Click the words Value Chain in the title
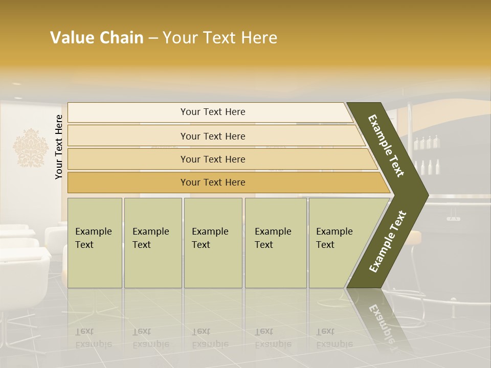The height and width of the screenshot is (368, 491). pyautogui.click(x=97, y=38)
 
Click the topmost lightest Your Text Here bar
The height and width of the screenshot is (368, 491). pyautogui.click(x=212, y=112)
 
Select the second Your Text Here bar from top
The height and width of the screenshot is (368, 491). pyautogui.click(x=212, y=136)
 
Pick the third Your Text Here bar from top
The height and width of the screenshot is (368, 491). pyautogui.click(x=212, y=159)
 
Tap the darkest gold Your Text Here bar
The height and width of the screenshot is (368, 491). pyautogui.click(x=212, y=182)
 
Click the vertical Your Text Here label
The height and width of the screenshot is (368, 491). pyautogui.click(x=59, y=147)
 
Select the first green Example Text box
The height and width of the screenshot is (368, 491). pyautogui.click(x=95, y=243)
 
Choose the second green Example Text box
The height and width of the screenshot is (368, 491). pyautogui.click(x=152, y=243)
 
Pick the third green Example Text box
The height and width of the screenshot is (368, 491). pyautogui.click(x=212, y=243)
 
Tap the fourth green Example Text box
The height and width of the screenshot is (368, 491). pyautogui.click(x=275, y=243)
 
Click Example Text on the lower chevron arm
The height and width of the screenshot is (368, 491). pyautogui.click(x=388, y=242)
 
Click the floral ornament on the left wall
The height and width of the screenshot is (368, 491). pyautogui.click(x=30, y=148)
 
